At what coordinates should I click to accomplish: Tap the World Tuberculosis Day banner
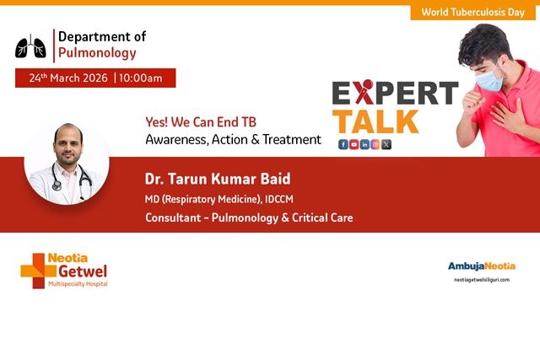[473, 13]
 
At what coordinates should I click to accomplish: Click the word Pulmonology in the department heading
[97, 52]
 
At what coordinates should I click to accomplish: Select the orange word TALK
[375, 120]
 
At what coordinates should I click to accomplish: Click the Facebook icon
[343, 144]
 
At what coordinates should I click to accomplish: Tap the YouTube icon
[354, 144]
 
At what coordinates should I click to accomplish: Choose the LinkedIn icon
[365, 144]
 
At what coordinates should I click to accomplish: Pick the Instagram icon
[376, 144]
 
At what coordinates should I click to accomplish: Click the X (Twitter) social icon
[386, 144]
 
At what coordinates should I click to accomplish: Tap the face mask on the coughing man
[487, 80]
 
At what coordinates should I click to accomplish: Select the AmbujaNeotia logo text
[480, 266]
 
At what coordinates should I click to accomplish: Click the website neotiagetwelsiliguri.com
[482, 279]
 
